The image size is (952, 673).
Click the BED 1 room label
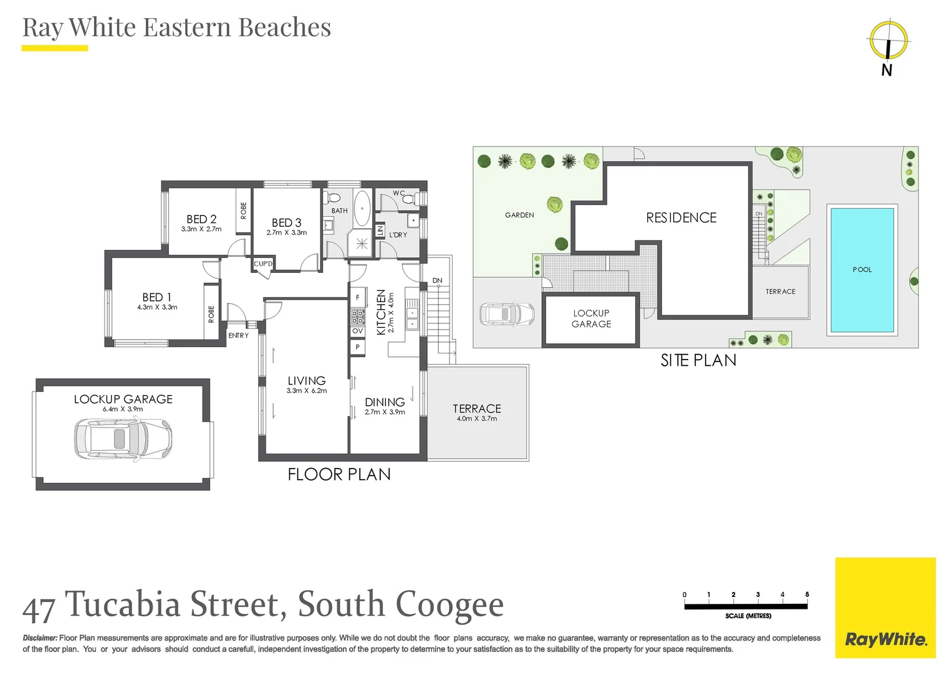pyautogui.click(x=156, y=297)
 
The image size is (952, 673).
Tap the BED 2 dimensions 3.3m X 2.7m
pyautogui.click(x=201, y=229)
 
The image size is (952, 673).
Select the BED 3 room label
pyautogui.click(x=286, y=222)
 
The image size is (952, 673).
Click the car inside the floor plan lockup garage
pyautogui.click(x=123, y=438)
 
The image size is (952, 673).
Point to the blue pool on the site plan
pyautogui.click(x=862, y=270)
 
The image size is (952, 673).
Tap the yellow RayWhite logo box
pyautogui.click(x=885, y=607)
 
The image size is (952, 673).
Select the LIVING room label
pyautogui.click(x=306, y=380)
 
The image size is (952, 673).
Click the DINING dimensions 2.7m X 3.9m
pyautogui.click(x=385, y=413)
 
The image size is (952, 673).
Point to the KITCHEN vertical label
pyautogui.click(x=381, y=312)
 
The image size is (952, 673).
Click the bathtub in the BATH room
pyautogui.click(x=362, y=208)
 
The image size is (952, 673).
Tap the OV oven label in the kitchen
pyautogui.click(x=357, y=331)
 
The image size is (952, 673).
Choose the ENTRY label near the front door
pyautogui.click(x=238, y=336)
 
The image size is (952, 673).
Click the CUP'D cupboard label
pyautogui.click(x=263, y=264)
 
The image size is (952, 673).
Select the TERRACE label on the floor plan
pyautogui.click(x=476, y=408)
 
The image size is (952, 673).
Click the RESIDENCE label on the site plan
pyautogui.click(x=681, y=217)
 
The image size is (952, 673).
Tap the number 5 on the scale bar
pyautogui.click(x=807, y=594)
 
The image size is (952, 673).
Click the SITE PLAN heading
pyautogui.click(x=698, y=360)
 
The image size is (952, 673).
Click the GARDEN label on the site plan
pyautogui.click(x=519, y=215)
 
